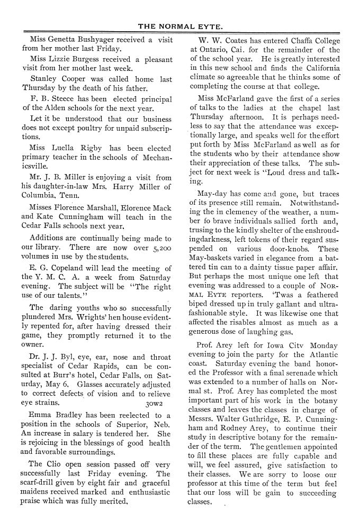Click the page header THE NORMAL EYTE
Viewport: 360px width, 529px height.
click(x=180, y=25)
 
